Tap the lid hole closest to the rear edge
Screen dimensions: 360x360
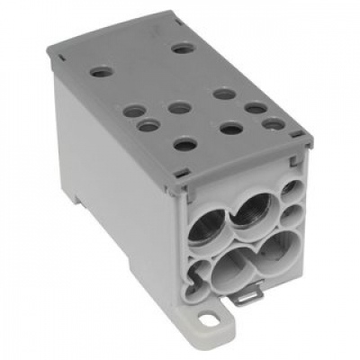pos(183,48)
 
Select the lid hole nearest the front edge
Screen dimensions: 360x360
pos(184,142)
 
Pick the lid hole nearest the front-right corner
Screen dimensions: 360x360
pos(274,124)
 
